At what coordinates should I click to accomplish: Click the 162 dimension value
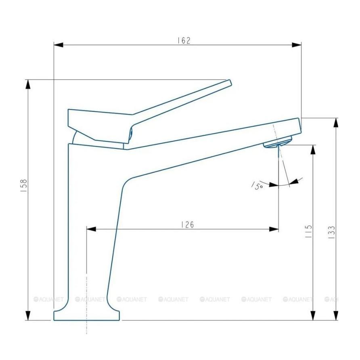click(x=184, y=40)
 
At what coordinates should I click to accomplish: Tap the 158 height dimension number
click(x=24, y=186)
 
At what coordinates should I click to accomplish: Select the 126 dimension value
click(x=187, y=224)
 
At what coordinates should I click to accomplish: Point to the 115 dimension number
click(x=309, y=231)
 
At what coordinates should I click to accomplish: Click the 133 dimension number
click(x=331, y=233)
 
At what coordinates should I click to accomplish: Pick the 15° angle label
click(x=257, y=186)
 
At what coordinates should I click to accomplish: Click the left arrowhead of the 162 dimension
click(x=58, y=45)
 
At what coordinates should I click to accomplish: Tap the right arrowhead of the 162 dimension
click(x=297, y=45)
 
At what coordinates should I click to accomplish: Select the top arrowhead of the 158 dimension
click(x=28, y=84)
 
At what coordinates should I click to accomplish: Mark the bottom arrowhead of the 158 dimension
click(x=28, y=316)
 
